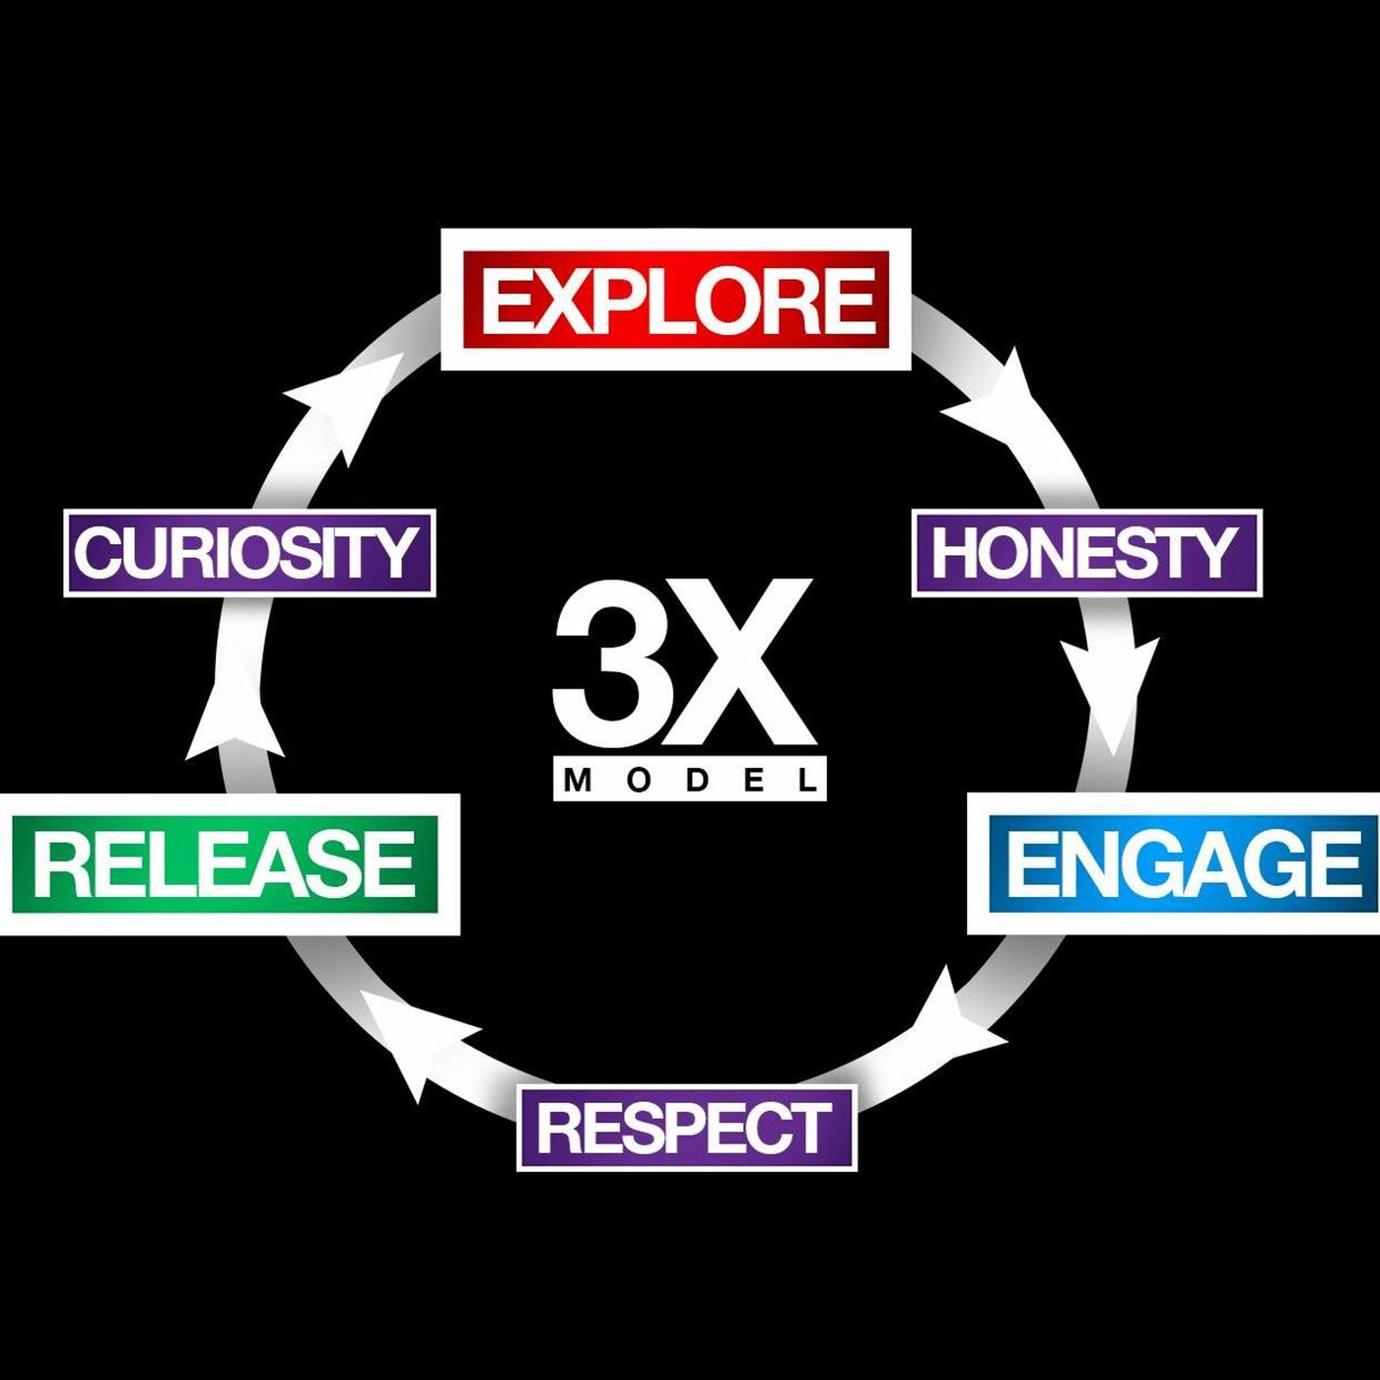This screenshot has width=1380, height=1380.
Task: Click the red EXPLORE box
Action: click(676, 300)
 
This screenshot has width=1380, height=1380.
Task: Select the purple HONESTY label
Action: click(1086, 552)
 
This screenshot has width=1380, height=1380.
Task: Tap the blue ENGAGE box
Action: click(1183, 863)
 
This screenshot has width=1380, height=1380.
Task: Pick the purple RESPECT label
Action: click(686, 1128)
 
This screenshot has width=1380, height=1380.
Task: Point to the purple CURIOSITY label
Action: click(248, 552)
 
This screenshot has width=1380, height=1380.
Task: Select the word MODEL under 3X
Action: click(689, 781)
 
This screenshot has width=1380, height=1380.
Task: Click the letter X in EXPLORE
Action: click(563, 302)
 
